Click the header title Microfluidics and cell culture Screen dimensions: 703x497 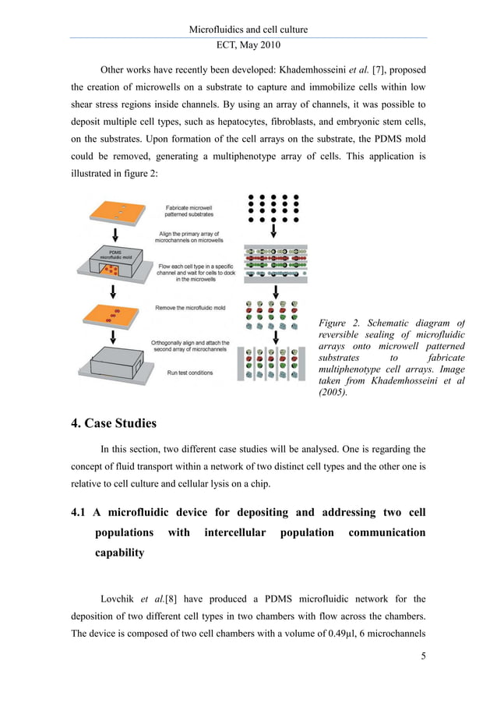pos(248,30)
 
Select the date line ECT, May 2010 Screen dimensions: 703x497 pos(248,44)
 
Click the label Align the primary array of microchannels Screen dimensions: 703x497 pos(195,235)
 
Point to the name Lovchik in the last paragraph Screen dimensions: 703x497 pos(118,599)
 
